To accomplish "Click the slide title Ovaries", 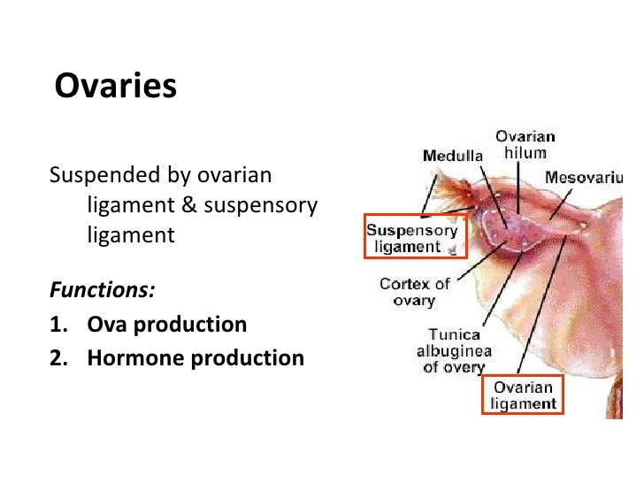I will click(116, 87).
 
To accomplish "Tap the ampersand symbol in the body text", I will click(190, 205).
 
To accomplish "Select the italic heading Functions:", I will click(103, 290).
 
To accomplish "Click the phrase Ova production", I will click(167, 324).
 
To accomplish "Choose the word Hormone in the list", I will click(126, 357).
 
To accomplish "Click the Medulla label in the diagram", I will click(453, 156).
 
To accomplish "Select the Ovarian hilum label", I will click(525, 144).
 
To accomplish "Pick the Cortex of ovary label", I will click(414, 292).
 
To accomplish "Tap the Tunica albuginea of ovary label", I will click(454, 350).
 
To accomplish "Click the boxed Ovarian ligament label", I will click(523, 395).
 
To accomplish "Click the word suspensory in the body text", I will click(260, 205).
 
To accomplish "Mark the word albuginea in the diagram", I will click(454, 351).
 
